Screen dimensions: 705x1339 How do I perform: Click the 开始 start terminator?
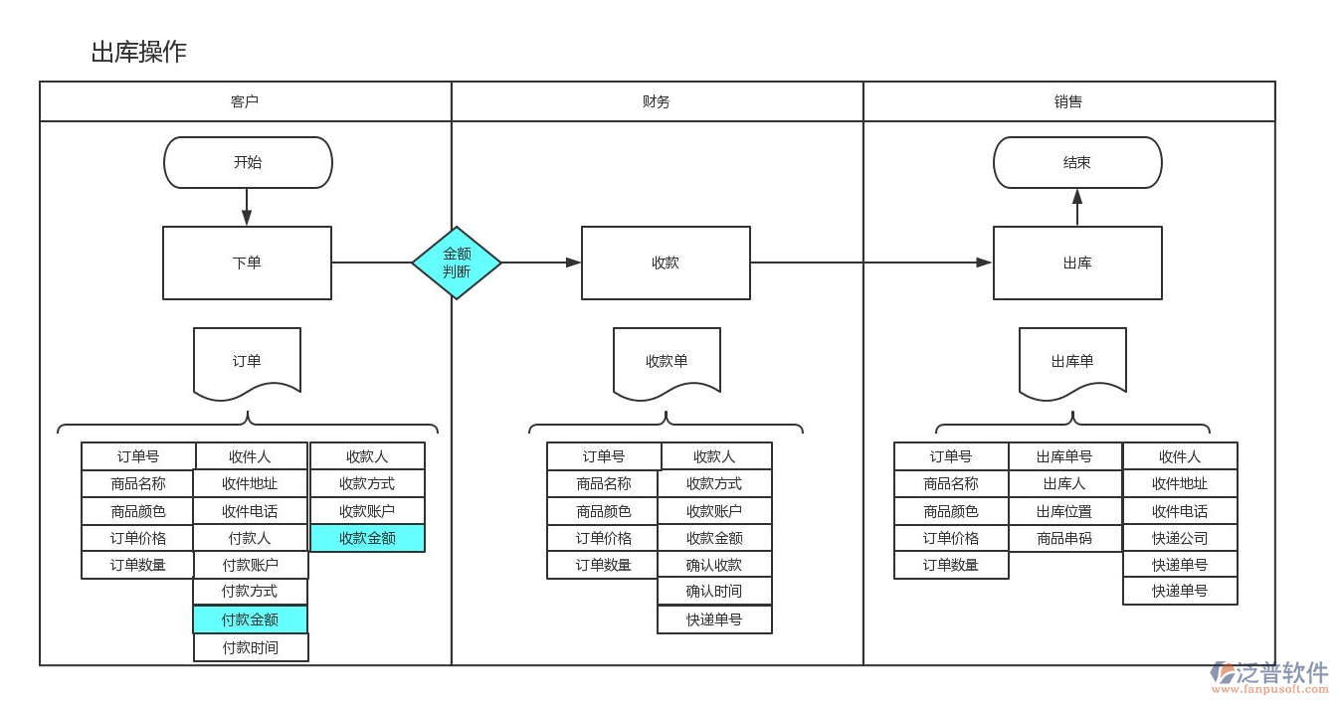[248, 162]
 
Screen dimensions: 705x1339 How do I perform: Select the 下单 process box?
[247, 263]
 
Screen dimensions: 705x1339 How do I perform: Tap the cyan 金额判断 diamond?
[457, 263]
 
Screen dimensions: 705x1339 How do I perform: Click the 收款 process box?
[666, 263]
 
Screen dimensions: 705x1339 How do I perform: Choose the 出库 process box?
[1077, 263]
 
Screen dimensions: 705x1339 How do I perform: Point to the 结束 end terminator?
[1077, 162]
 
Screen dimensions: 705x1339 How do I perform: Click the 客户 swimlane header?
[245, 101]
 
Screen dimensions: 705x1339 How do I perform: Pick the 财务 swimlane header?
[657, 101]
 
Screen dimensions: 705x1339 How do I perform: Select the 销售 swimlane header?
[1068, 101]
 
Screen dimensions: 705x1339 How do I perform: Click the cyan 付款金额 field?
[250, 619]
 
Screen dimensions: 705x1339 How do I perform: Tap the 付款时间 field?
[250, 647]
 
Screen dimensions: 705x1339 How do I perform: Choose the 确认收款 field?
[714, 565]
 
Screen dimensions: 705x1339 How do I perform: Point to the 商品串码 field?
[1064, 538]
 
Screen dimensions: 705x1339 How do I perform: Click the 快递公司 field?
[1180, 538]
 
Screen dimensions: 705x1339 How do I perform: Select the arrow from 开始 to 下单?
[247, 207]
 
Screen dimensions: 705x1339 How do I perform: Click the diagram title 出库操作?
[139, 52]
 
